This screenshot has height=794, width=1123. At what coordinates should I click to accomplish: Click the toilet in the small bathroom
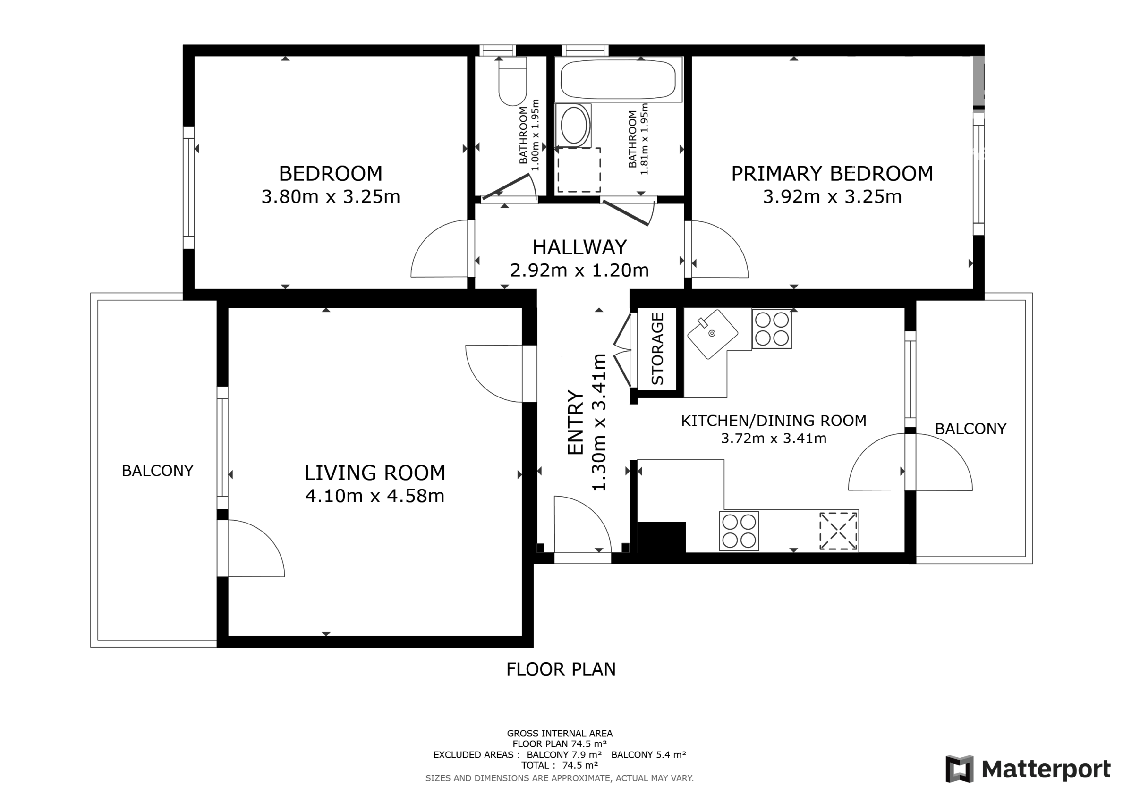(x=512, y=81)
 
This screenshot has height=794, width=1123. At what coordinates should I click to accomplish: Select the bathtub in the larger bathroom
(x=618, y=79)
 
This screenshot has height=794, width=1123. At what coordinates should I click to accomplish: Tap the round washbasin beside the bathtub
(x=574, y=125)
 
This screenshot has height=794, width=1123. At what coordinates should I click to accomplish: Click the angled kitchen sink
(x=712, y=334)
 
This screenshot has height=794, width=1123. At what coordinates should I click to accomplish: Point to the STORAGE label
(x=657, y=348)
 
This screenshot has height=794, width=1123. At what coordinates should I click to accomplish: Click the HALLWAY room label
(x=579, y=247)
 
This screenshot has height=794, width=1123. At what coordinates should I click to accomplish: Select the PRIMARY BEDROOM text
(x=832, y=174)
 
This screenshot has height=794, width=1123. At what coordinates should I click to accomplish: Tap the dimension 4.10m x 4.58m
(x=374, y=496)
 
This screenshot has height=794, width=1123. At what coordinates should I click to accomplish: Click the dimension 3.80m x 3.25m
(x=331, y=196)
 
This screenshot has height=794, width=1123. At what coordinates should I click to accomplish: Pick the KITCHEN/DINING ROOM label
(x=774, y=421)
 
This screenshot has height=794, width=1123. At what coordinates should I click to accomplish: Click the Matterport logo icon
(x=960, y=769)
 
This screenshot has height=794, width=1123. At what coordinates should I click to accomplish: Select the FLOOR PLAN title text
(x=561, y=669)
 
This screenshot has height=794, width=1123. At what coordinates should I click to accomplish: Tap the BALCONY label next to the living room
(x=158, y=471)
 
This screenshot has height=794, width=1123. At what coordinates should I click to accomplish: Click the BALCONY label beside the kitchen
(x=970, y=429)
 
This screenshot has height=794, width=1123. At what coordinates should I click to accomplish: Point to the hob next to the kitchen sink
(x=772, y=329)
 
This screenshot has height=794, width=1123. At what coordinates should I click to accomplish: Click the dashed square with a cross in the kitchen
(x=839, y=531)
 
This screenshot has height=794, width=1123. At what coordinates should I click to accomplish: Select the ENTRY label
(x=576, y=422)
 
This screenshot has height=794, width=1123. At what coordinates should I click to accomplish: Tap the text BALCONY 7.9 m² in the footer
(x=564, y=754)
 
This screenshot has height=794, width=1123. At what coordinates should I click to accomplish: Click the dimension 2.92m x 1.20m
(x=579, y=270)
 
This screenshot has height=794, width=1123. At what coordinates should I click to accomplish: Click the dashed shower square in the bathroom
(x=579, y=170)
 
